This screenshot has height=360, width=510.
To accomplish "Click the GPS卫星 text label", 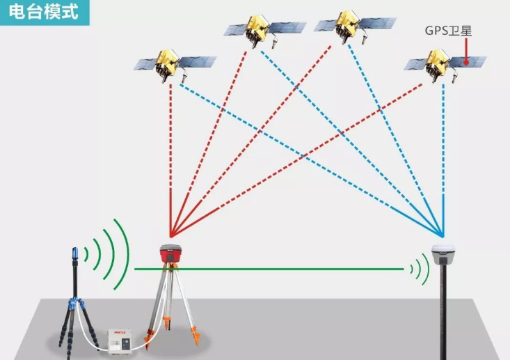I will (448, 31).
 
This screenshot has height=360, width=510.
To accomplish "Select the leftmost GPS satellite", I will (166, 64).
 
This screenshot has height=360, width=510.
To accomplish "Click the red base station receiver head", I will (170, 255).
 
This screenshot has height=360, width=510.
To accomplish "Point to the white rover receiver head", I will (443, 253).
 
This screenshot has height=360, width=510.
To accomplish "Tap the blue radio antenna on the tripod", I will (76, 259).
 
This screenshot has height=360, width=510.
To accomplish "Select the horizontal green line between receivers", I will (278, 268).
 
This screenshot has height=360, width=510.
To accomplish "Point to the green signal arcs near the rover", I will (419, 268).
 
